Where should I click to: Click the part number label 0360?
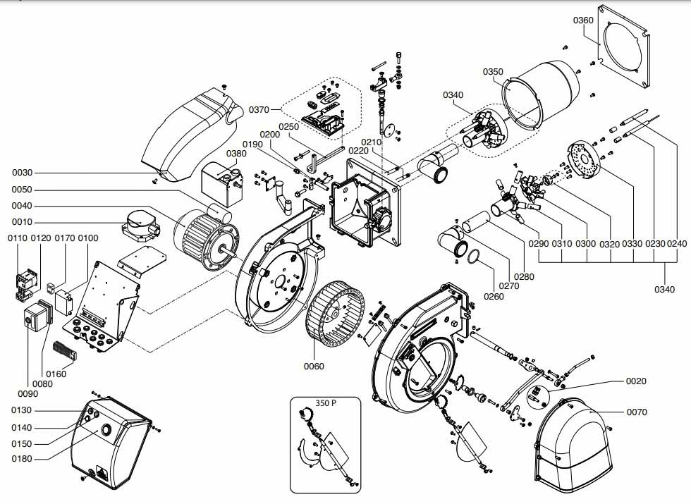click(x=583, y=20)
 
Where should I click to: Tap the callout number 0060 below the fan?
click(x=314, y=366)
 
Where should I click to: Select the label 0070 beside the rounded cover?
click(x=637, y=412)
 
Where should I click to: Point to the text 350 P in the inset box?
click(x=326, y=402)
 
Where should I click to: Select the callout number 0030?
click(x=22, y=173)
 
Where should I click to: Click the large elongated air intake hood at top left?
click(x=192, y=133)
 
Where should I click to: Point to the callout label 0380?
click(x=236, y=154)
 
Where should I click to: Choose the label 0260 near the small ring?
click(x=494, y=296)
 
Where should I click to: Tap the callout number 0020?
click(x=636, y=381)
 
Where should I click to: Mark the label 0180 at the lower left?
click(x=22, y=459)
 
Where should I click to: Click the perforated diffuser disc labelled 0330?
click(x=582, y=159)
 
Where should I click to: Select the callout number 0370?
click(x=259, y=110)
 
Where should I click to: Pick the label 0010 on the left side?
click(x=22, y=222)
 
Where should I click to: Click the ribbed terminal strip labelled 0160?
click(x=65, y=351)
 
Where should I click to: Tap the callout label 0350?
click(x=493, y=72)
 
